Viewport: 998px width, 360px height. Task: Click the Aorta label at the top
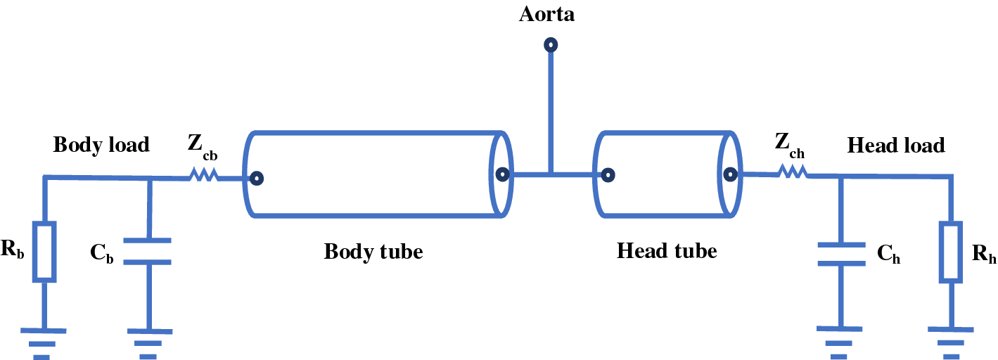point(546,14)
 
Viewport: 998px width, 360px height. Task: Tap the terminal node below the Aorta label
point(551,46)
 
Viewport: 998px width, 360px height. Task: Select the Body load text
point(101,145)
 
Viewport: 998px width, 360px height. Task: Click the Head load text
point(895,146)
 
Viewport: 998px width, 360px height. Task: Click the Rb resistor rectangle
point(44,252)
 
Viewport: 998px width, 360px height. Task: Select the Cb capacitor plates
point(148,251)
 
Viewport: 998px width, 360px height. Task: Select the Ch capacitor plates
point(840,254)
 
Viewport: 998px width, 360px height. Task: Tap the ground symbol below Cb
point(148,342)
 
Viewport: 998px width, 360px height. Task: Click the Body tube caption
point(373,251)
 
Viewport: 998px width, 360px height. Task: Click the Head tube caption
point(666,250)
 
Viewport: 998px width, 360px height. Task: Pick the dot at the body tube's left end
point(258,179)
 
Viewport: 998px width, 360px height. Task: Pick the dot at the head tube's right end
point(730,174)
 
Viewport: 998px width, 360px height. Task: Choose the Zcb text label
point(201,146)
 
